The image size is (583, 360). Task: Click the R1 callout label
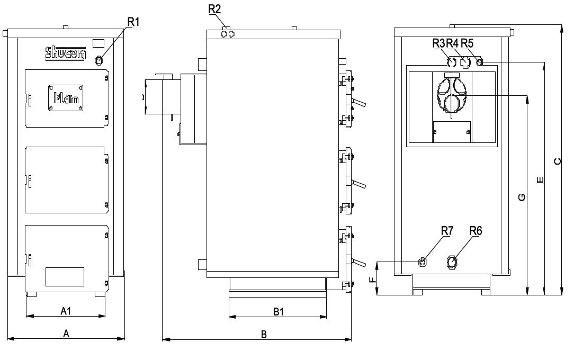[x=133, y=22]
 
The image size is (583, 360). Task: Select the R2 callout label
[x=214, y=9]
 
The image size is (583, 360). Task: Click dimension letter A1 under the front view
[x=65, y=311]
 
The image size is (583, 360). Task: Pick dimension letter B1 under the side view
[x=279, y=312]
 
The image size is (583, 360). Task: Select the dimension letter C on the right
[x=557, y=161]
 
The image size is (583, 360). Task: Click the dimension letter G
[x=522, y=197]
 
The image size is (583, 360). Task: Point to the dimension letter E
[x=540, y=180]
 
